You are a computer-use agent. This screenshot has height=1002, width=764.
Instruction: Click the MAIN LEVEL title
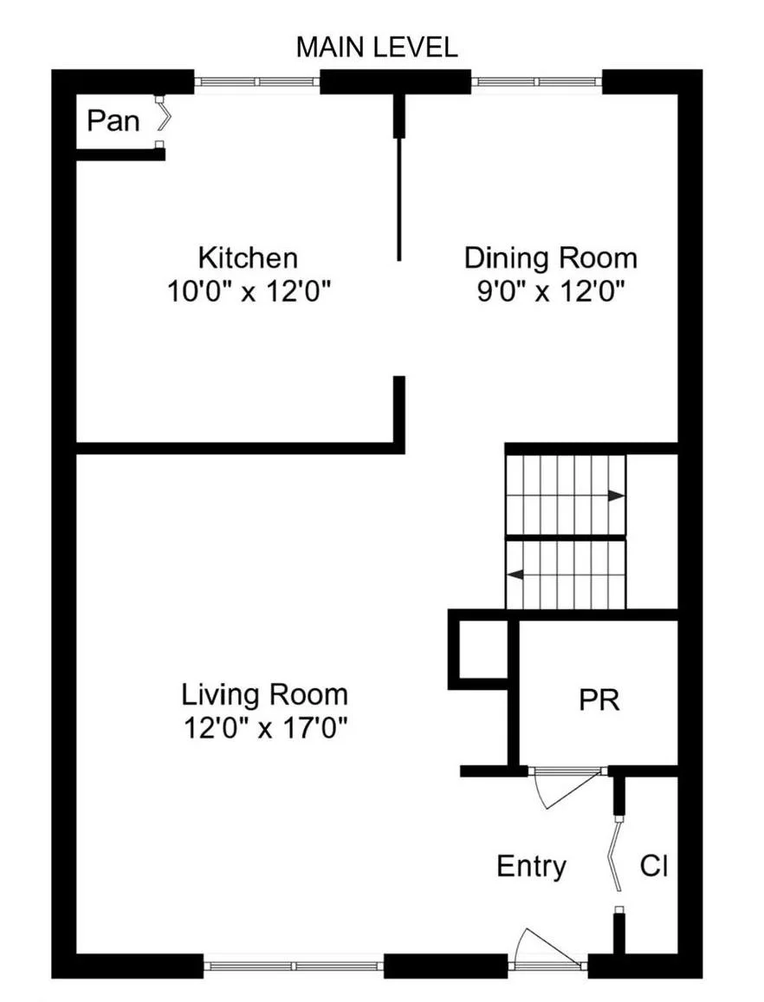click(377, 48)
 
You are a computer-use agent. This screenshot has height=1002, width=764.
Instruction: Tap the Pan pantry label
click(113, 120)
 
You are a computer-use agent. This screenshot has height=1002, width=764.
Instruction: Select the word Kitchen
click(248, 258)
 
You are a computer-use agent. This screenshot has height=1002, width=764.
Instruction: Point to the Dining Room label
click(551, 258)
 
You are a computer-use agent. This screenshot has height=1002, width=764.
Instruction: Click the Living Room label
click(264, 694)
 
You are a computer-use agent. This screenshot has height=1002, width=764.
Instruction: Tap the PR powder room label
click(599, 699)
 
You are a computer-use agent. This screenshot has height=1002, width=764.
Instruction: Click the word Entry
click(532, 866)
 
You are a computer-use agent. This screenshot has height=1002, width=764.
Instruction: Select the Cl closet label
click(654, 866)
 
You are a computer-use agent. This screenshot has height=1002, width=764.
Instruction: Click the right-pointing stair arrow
click(615, 496)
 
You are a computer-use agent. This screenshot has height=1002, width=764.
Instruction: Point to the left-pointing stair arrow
click(515, 574)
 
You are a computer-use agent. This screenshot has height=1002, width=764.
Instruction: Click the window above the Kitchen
click(256, 82)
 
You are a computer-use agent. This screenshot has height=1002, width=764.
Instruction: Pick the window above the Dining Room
click(536, 82)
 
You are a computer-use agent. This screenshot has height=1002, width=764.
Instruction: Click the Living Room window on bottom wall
click(294, 965)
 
